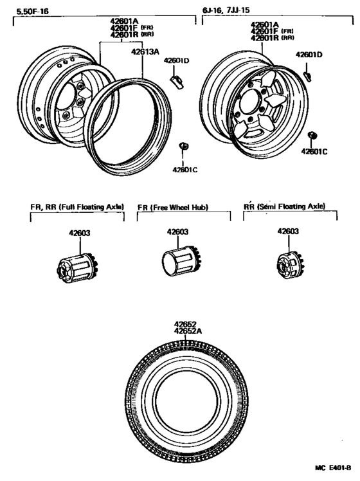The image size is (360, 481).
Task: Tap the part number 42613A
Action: tap(145, 53)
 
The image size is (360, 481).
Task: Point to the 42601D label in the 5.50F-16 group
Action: tap(176, 60)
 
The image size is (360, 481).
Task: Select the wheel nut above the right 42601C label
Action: tap(314, 134)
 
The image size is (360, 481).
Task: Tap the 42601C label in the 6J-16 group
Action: tap(315, 152)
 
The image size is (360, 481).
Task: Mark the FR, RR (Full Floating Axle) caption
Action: tap(76, 207)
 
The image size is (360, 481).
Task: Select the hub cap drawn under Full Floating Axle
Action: tap(76, 266)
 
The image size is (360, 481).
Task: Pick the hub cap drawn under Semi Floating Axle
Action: tap(287, 264)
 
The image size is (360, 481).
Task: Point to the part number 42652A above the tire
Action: tap(188, 331)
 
